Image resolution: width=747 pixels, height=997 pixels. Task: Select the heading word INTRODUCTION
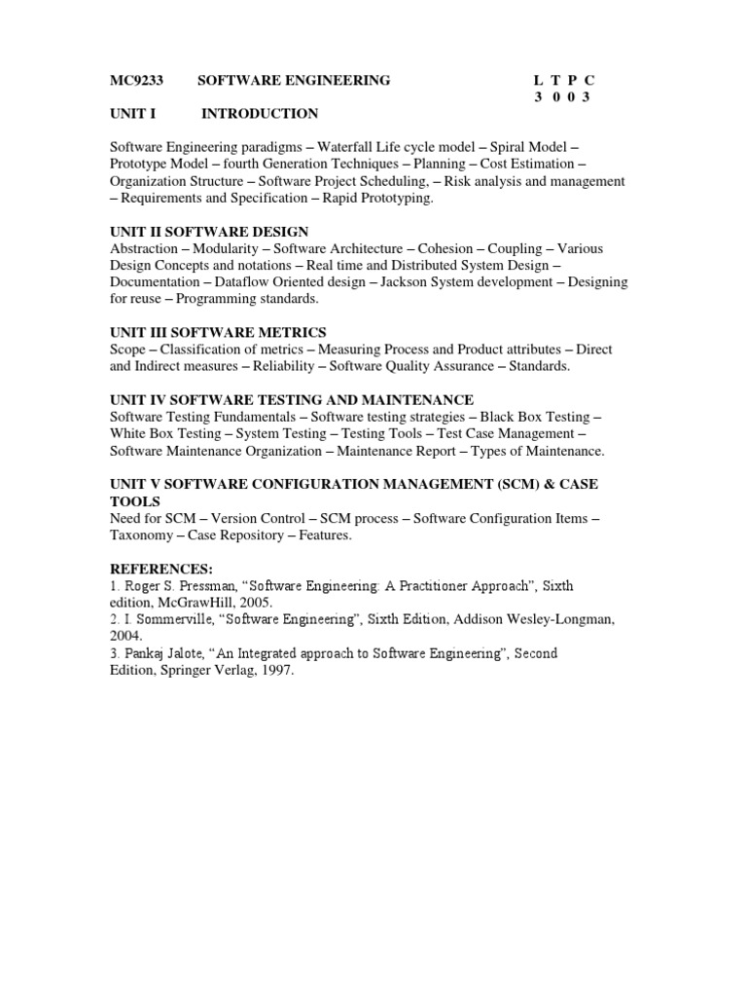(260, 114)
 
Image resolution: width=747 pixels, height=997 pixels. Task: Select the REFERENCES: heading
(160, 569)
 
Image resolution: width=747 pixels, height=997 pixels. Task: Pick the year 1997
(275, 671)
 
